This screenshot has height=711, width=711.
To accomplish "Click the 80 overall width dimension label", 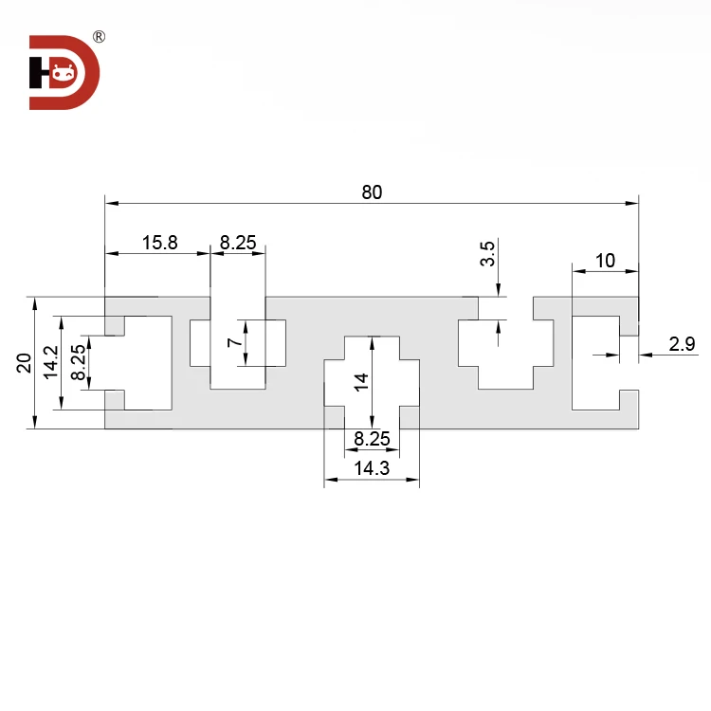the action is (372, 192).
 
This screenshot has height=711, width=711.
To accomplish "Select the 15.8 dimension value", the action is (159, 243).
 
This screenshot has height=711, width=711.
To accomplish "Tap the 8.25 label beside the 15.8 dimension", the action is (238, 243).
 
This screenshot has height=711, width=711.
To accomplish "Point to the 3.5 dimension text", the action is (487, 253).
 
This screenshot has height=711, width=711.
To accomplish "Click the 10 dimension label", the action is (605, 261).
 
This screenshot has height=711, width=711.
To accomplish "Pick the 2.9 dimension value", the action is (682, 344).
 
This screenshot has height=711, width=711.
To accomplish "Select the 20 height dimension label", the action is (24, 363).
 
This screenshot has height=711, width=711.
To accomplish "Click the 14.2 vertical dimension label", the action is (51, 362).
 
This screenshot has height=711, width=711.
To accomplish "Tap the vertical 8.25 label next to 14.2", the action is (78, 362).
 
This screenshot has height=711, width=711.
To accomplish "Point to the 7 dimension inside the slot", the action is (235, 342).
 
